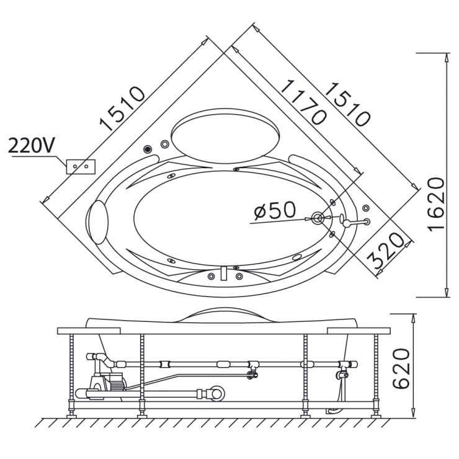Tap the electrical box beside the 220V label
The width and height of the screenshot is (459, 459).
coord(81,166)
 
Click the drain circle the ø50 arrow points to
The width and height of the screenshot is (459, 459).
coord(318,218)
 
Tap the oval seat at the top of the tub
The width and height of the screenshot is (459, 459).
coord(224,134)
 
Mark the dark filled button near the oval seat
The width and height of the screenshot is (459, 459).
coord(148,149)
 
